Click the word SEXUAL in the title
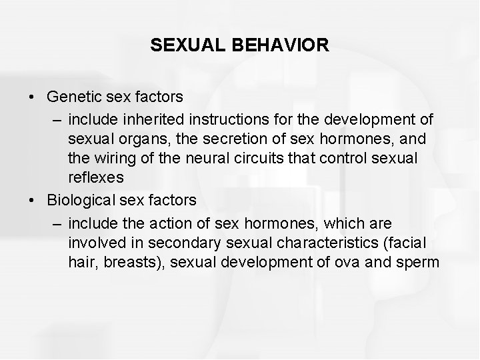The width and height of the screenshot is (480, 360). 189,45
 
